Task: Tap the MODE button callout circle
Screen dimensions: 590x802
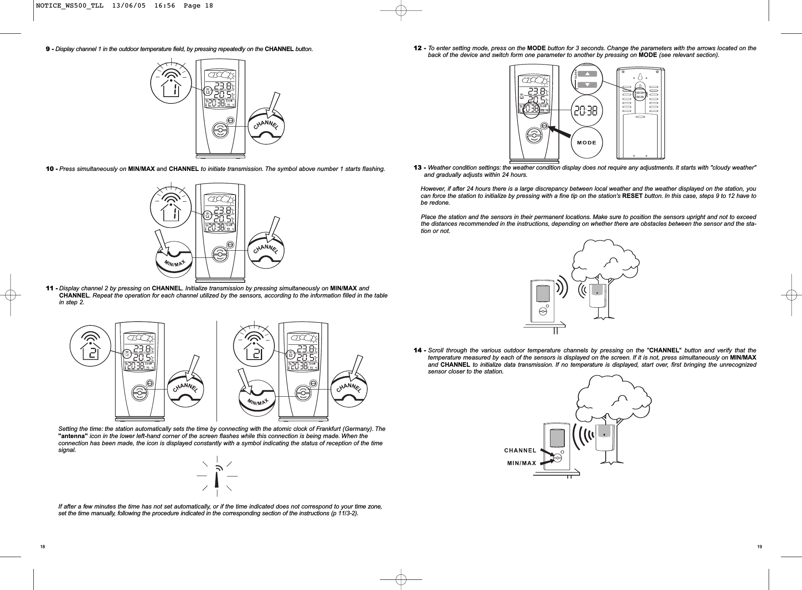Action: pos(587,142)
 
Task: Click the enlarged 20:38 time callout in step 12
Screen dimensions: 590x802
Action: pos(587,111)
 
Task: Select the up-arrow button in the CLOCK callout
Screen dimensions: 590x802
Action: pos(587,74)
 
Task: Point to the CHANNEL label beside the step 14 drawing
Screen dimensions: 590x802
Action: pos(520,450)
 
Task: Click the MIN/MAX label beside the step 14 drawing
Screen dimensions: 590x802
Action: pos(522,463)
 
